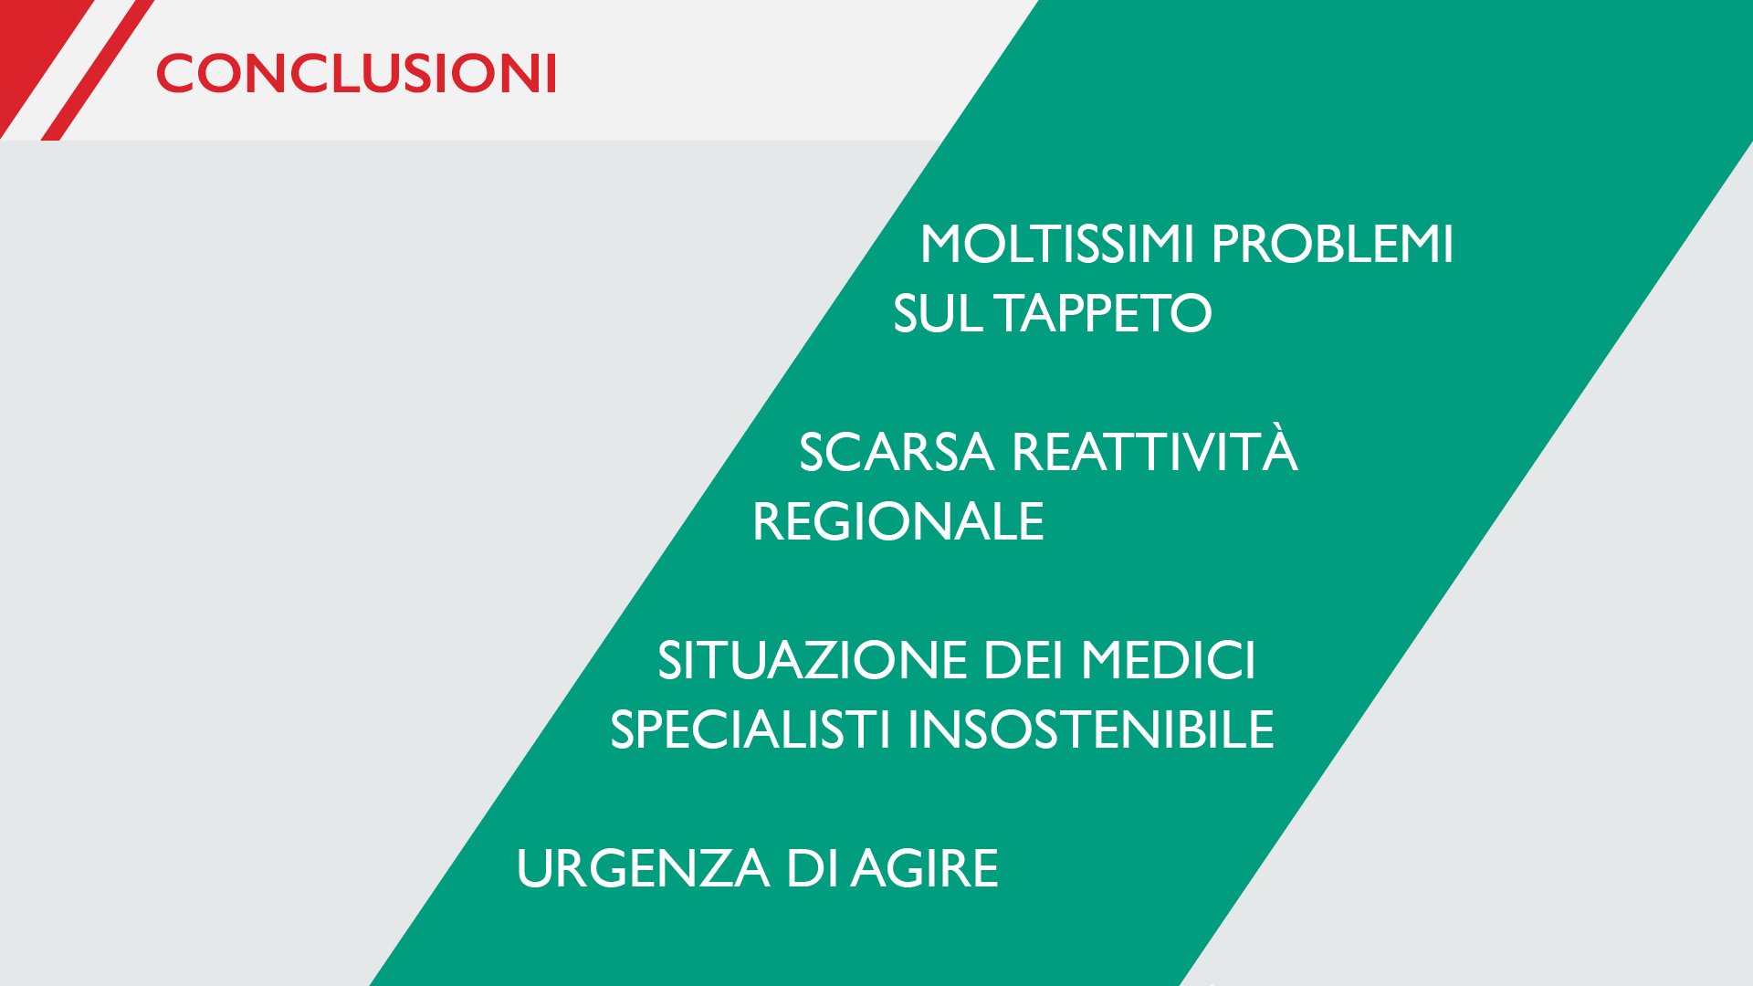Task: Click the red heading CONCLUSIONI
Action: (356, 73)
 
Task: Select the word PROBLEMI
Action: (1332, 244)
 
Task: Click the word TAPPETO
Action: (1104, 313)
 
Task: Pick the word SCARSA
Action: (896, 452)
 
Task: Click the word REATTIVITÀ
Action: (1154, 448)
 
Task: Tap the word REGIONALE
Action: (897, 521)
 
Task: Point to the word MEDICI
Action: (1169, 660)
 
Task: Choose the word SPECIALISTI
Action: (750, 729)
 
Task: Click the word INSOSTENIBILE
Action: (1090, 729)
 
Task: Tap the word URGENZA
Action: (642, 868)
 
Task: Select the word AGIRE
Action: (925, 868)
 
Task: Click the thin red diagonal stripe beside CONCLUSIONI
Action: (99, 69)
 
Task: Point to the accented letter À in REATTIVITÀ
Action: (1279, 448)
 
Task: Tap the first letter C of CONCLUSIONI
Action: (176, 73)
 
